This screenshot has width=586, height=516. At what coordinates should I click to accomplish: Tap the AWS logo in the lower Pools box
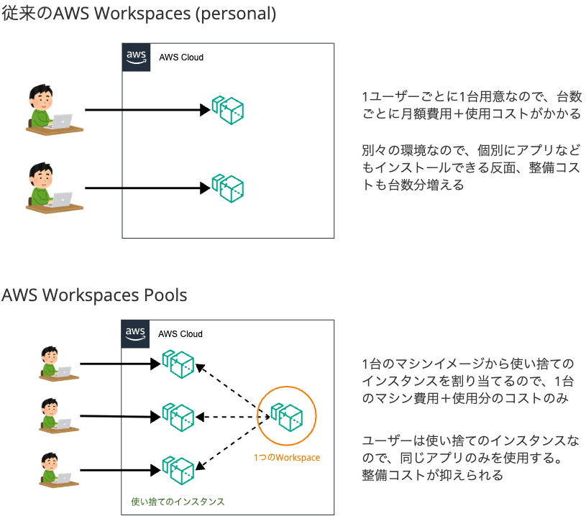coord(135,334)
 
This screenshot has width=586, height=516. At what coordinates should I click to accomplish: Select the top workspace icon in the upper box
coord(227,110)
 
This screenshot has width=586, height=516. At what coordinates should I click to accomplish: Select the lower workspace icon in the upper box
coord(227,187)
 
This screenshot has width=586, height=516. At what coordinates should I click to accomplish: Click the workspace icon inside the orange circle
coord(286,415)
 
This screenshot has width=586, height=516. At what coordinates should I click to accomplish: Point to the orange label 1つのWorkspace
coord(286,458)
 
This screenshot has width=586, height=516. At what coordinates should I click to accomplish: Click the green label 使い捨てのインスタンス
coord(178,502)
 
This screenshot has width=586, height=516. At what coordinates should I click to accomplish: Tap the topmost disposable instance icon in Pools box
coord(178,364)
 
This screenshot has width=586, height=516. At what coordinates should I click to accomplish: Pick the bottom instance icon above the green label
coord(178,469)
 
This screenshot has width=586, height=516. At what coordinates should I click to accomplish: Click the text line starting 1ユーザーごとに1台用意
coord(471,97)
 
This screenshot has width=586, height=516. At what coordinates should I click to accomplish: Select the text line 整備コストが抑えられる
coord(432,475)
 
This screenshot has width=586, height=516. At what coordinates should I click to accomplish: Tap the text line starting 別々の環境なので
coord(470,151)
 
